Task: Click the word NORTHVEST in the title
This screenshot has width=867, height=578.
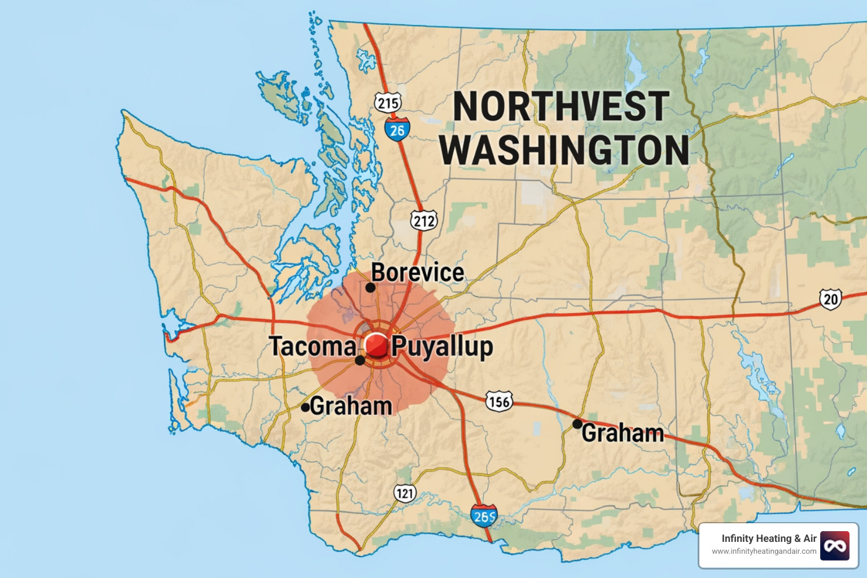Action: tap(561, 107)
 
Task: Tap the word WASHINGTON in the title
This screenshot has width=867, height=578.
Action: tap(564, 150)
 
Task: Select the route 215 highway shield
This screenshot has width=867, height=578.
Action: tap(388, 103)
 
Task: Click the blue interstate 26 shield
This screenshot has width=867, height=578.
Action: tap(397, 130)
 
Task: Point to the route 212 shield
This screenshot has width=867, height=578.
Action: tap(424, 220)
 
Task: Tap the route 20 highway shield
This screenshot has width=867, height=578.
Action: tap(830, 299)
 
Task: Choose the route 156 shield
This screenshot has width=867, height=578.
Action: tap(499, 401)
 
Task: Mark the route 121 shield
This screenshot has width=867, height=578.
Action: tap(405, 493)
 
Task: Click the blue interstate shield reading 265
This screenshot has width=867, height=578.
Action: tap(484, 516)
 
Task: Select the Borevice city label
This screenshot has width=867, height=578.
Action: tap(418, 273)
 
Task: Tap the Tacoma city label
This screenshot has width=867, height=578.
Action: tap(312, 347)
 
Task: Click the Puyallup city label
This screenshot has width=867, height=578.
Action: tap(442, 347)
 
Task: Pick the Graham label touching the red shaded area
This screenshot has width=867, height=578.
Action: tap(351, 406)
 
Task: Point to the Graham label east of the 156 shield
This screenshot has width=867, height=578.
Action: tap(623, 433)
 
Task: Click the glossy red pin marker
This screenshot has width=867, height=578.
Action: tap(376, 344)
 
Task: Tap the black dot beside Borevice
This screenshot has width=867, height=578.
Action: tap(370, 287)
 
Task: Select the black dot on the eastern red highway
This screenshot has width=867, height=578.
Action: tap(577, 423)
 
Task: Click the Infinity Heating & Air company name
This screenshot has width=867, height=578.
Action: tap(769, 538)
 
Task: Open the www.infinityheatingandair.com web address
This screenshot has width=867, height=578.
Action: tap(764, 551)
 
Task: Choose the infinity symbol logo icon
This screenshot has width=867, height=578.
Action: tap(835, 546)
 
